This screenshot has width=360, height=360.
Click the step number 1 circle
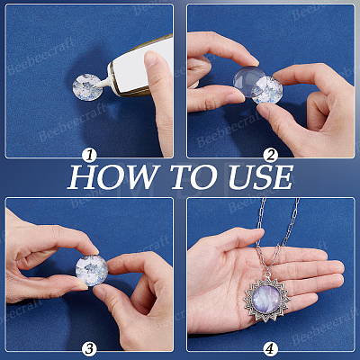click(90, 156)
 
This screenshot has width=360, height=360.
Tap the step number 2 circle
click(271, 156)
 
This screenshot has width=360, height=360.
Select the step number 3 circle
click(90, 349)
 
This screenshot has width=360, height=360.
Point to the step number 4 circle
click(271, 349)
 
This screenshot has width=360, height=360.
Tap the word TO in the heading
click(194, 176)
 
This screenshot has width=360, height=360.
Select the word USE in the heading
click(260, 176)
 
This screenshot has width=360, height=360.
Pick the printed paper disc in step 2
click(267, 90)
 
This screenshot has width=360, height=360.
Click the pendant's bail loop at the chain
click(267, 274)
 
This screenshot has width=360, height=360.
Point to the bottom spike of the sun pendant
click(266, 320)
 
